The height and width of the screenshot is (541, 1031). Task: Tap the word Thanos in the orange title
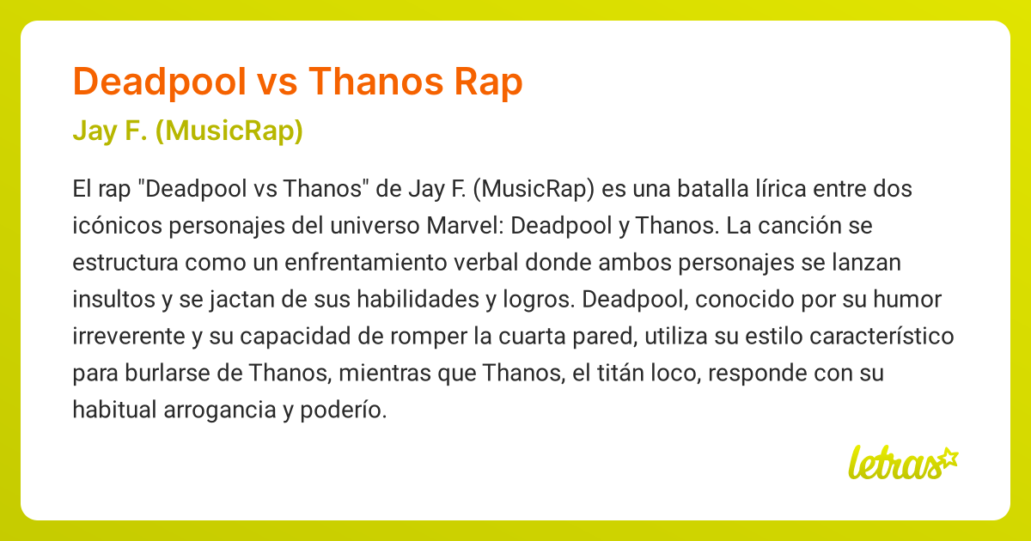(374, 82)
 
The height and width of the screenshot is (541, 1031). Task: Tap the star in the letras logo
(949, 457)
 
